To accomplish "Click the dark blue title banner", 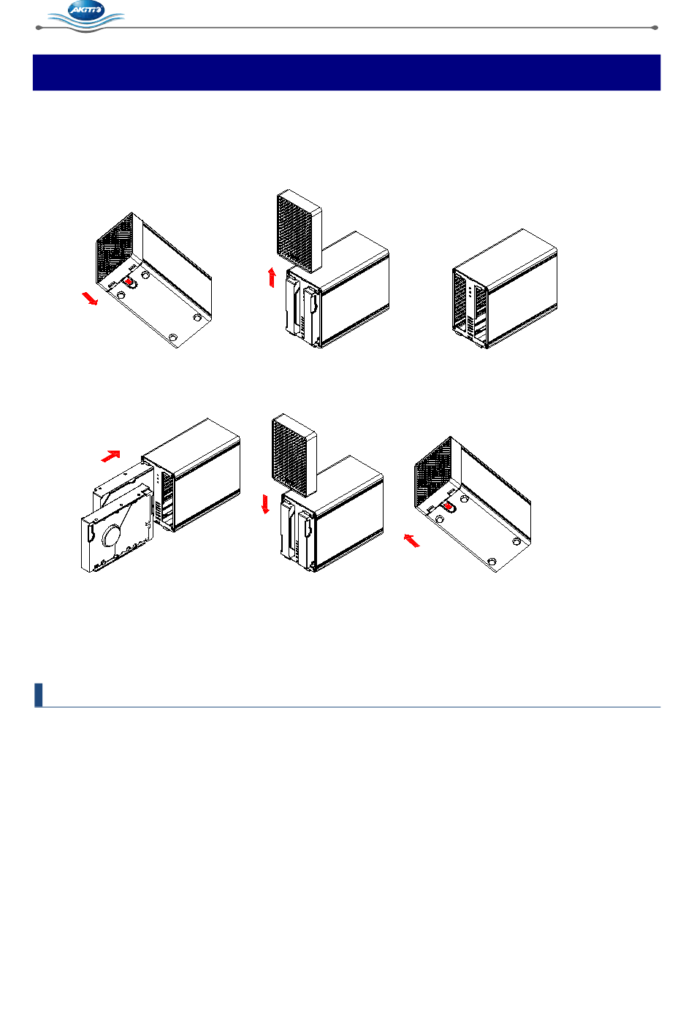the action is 346,72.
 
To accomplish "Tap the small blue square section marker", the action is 39,695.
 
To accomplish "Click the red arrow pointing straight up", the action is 272,278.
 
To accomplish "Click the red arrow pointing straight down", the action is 266,504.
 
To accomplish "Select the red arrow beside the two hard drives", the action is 111,456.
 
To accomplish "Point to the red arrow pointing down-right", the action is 90,299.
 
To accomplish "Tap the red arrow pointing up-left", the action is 412,540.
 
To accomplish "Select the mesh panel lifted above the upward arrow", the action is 299,232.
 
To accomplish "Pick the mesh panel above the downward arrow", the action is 294,456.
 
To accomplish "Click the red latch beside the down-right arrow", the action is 129,282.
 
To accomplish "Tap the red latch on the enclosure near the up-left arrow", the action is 448,507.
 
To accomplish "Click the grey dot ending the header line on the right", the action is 655,28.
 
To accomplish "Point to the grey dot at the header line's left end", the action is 39,28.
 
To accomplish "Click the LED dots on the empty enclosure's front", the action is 470,292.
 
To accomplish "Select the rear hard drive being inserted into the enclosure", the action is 123,486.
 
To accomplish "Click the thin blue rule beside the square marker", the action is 351,706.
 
